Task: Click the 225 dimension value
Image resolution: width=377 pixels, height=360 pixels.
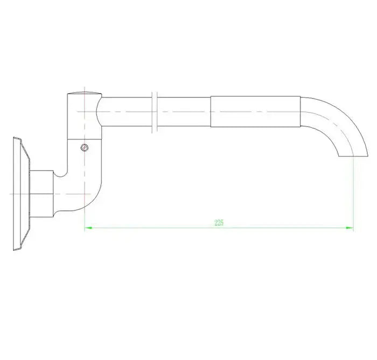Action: coord(218,223)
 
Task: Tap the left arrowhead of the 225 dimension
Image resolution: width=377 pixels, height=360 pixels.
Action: coord(88,228)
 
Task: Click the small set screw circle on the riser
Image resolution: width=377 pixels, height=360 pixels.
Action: coord(83,147)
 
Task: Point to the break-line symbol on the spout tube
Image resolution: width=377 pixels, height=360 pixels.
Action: coord(155,111)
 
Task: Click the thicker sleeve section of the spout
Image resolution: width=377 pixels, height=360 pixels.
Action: coord(254,111)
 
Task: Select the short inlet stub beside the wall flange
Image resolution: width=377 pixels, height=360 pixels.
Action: coord(41,193)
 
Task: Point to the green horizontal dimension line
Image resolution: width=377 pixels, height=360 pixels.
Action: coord(162,228)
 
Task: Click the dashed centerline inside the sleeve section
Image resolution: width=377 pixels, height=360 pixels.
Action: coord(254,112)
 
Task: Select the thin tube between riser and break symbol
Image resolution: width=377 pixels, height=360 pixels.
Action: coord(127,111)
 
